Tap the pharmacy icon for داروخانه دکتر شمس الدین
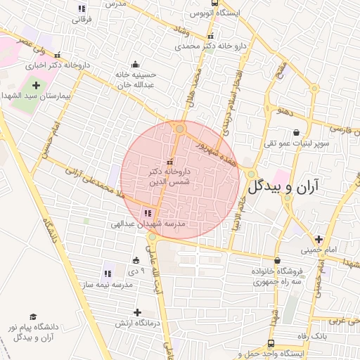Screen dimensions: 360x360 (169, 163)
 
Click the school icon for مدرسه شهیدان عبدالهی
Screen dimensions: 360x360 (147, 212)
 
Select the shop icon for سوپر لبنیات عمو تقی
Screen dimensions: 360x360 (296, 132)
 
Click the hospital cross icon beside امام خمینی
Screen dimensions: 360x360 (320, 239)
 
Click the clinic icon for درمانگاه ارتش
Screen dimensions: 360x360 (137, 312)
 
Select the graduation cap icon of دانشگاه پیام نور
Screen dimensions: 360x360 (32, 318)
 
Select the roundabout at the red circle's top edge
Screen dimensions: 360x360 (180, 129)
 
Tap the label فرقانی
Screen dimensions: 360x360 (81, 20)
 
